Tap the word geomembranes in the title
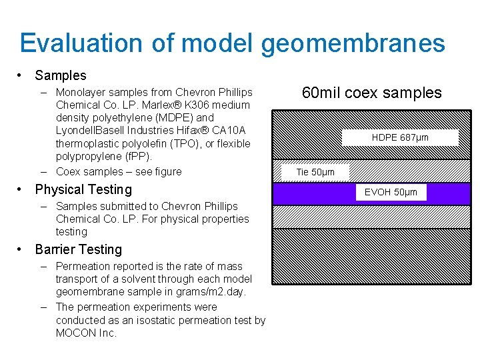(x=353, y=43)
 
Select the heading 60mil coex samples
(x=371, y=93)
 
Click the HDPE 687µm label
(x=400, y=137)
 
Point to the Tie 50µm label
(x=315, y=172)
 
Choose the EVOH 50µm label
(x=391, y=193)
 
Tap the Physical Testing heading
(x=83, y=189)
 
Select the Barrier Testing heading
(x=78, y=249)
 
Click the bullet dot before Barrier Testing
(x=22, y=250)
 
